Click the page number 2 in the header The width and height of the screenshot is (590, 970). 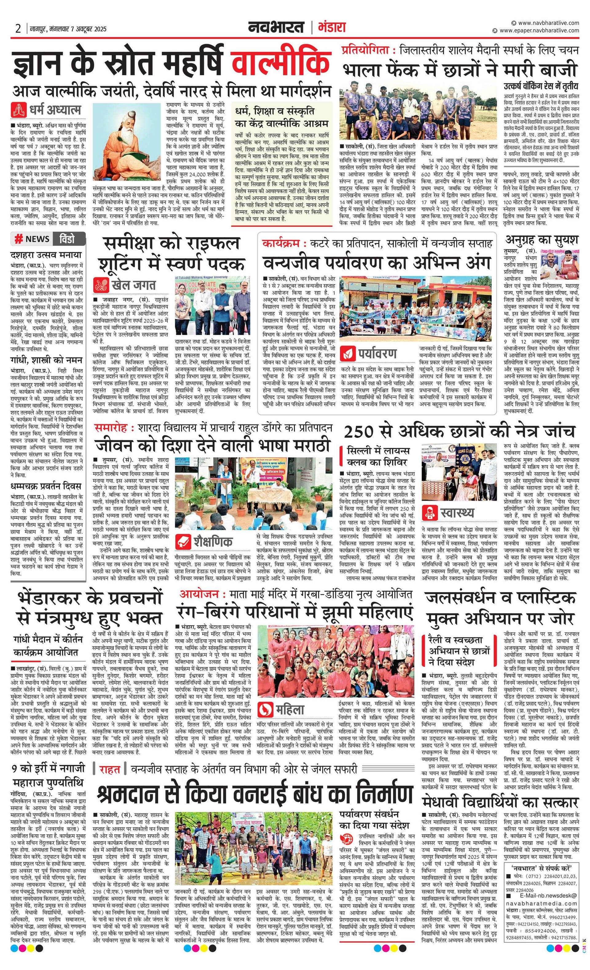pos(18,29)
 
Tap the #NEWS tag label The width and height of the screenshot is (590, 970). pos(32,239)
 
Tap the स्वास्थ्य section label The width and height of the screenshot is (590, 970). pos(458,513)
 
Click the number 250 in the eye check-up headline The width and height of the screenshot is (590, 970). pos(358,432)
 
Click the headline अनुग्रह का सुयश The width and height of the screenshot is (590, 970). pos(542,240)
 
